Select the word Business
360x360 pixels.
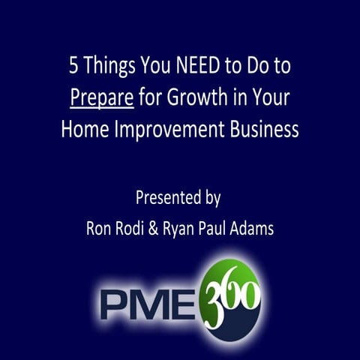point(259,129)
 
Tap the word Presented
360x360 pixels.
point(167,199)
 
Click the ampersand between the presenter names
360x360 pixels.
point(166,229)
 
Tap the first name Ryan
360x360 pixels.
point(193,229)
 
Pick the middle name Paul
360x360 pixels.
point(232,229)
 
